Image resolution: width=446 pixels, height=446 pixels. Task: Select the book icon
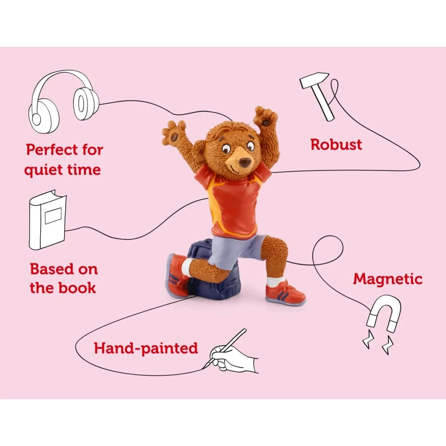point(47,219)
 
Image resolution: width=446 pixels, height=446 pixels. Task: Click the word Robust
point(336,145)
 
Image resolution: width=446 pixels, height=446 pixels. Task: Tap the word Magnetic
point(388,279)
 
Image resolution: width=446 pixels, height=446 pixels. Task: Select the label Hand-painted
point(146,348)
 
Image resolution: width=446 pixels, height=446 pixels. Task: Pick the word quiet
point(44,170)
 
